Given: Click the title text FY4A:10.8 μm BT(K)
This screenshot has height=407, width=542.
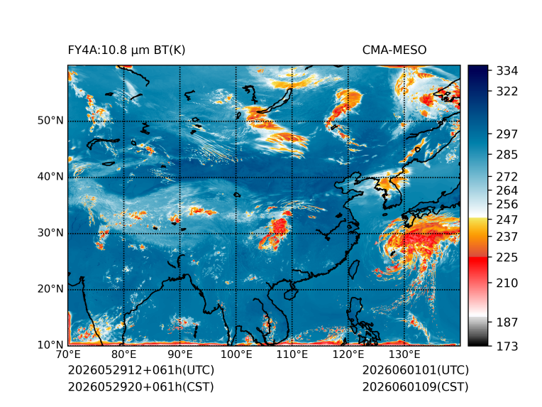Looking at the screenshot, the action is click(x=126, y=50).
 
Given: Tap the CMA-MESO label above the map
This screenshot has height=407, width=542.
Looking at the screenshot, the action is click(x=394, y=50).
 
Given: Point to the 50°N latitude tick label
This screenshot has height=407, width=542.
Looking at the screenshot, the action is click(x=50, y=121).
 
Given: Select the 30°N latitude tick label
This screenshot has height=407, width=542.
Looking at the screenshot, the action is click(x=50, y=233).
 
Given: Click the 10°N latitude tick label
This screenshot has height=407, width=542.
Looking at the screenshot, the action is click(x=50, y=345).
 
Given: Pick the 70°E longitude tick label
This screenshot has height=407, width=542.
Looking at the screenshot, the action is click(x=68, y=354).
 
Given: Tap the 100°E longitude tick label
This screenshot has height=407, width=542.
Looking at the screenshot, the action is click(x=236, y=354).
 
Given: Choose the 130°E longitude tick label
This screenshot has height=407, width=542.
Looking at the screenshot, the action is click(x=404, y=354).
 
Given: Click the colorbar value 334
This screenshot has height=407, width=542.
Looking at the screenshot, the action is click(x=507, y=71).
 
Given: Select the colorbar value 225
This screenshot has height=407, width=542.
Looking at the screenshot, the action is click(x=507, y=258).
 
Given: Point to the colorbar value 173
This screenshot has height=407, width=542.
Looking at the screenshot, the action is click(x=507, y=346).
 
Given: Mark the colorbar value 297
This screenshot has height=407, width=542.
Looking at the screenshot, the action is click(x=507, y=134).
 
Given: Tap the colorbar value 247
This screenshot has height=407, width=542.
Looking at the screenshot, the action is click(x=507, y=219).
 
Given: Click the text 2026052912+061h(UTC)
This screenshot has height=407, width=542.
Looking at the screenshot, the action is click(x=141, y=370).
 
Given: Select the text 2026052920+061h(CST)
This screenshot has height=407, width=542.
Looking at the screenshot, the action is click(x=140, y=387).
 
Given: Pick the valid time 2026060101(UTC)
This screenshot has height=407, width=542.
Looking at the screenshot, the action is click(x=416, y=370).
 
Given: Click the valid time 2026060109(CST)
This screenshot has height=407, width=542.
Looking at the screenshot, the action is click(x=416, y=387).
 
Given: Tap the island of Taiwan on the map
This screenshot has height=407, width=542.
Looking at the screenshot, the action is click(x=354, y=270).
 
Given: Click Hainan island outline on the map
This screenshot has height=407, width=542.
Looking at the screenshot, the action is click(x=290, y=293).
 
